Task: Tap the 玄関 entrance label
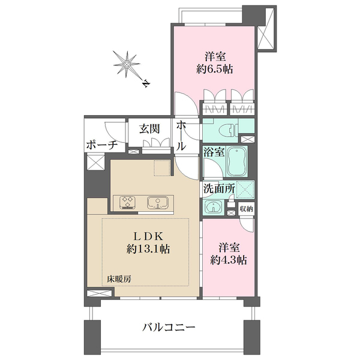tap(149, 128)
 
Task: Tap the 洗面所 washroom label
tap(215, 187)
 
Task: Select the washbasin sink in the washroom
tap(212, 208)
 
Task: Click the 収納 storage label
tap(246, 208)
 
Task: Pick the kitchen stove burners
tap(128, 202)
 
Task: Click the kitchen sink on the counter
tap(157, 202)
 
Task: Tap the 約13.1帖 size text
tap(148, 248)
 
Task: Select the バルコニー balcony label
tap(169, 328)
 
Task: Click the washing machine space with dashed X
tap(245, 188)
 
